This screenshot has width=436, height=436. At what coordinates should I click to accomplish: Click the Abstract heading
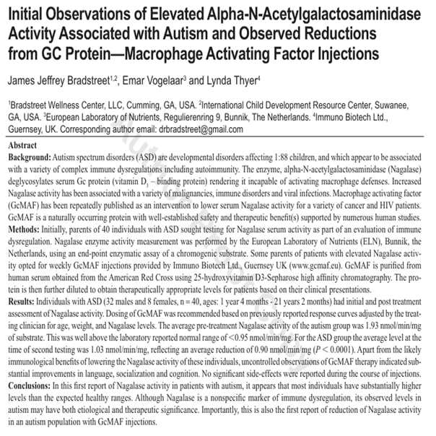click(x=23, y=144)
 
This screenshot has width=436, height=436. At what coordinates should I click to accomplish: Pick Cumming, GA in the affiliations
click(x=153, y=104)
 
